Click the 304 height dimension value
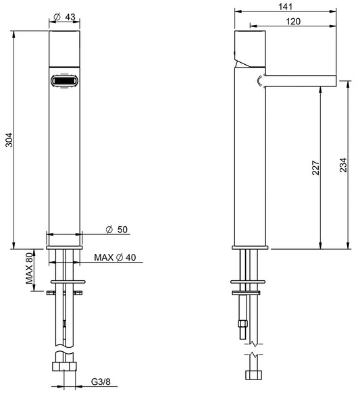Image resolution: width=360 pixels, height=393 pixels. tap(8, 139)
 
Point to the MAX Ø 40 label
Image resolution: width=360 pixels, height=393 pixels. tap(115, 257)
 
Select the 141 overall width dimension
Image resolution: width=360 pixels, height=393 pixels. tap(284, 6)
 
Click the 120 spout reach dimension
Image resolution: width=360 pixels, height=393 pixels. tap(292, 22)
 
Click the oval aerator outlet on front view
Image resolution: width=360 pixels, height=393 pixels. tap(66, 82)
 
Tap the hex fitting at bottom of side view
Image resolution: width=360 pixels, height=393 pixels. tap(251, 374)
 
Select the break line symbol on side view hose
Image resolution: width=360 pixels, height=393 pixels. tap(251, 353)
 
